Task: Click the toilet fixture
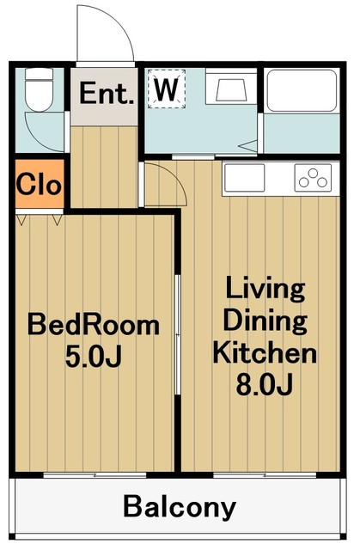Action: [x=40, y=89]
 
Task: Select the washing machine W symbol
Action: [x=167, y=89]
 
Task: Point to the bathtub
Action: [x=301, y=90]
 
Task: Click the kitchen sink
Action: [x=245, y=178]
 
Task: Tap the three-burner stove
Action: [x=313, y=178]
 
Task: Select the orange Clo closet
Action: [x=40, y=184]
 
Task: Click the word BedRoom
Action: [x=94, y=325]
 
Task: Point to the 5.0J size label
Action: [x=94, y=356]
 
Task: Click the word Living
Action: [x=265, y=289]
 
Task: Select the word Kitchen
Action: [x=265, y=353]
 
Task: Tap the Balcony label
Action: [x=180, y=506]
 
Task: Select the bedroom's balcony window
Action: [x=95, y=475]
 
